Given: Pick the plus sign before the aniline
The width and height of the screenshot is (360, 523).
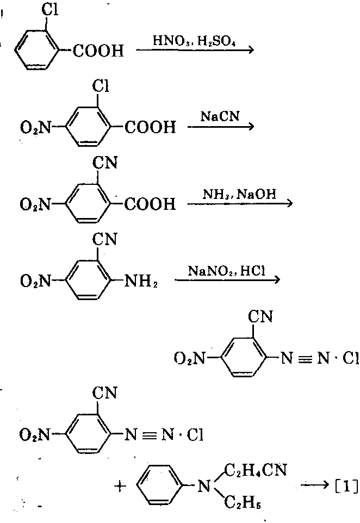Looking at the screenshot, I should [x=119, y=486].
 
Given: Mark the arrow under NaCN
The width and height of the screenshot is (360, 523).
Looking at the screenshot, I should [x=220, y=127].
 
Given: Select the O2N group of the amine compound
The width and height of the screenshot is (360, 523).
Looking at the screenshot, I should [x=34, y=282].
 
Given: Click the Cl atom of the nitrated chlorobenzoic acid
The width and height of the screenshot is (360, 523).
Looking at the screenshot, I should [x=100, y=85].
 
